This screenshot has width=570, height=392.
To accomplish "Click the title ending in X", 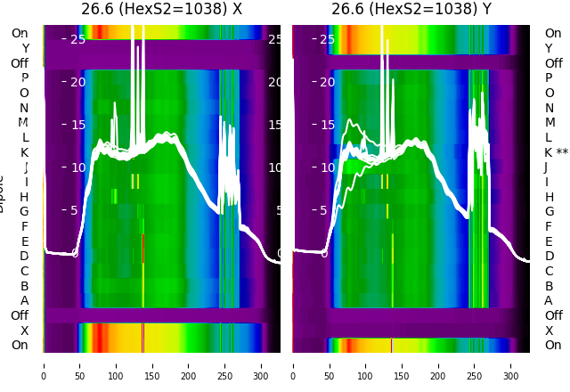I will [x=161, y=9].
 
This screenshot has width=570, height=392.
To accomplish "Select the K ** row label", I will [x=556, y=152].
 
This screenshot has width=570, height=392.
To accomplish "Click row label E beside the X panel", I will [x=25, y=241].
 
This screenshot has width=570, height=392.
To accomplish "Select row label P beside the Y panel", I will [x=549, y=78].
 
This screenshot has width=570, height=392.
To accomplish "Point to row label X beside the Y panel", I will [x=549, y=331].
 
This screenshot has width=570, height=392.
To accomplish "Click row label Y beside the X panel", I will [x=25, y=48].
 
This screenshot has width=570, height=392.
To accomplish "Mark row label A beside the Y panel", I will [x=549, y=301].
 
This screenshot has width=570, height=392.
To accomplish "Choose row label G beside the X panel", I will [x=25, y=211].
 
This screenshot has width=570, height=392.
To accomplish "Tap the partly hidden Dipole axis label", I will [x=3, y=196].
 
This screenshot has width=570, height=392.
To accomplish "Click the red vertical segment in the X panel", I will [x=142, y=248].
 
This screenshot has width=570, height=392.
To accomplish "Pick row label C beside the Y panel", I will [x=549, y=271].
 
